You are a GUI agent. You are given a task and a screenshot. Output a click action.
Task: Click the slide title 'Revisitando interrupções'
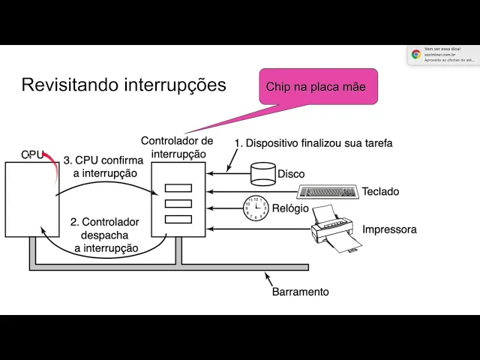[124, 85]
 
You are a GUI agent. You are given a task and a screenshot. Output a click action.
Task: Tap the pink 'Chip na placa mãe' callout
[316, 87]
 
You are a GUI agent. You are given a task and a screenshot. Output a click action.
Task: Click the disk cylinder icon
[263, 175]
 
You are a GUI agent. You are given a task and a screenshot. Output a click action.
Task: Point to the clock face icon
[256, 208]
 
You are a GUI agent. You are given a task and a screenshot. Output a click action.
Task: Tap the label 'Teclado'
[380, 191]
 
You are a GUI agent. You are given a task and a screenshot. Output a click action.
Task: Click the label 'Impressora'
[389, 229]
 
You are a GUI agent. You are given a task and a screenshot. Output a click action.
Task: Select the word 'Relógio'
[289, 208]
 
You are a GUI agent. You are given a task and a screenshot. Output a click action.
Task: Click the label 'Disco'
[291, 175]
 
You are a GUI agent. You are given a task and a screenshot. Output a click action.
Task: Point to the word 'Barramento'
[300, 292]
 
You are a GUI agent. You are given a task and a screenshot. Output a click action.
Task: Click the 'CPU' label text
[33, 154]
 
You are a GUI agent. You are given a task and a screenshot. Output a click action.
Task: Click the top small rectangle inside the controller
[178, 188]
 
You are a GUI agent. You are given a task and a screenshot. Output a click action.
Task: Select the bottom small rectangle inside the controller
[178, 219]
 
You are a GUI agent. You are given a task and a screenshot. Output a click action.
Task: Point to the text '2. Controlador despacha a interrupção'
[105, 235]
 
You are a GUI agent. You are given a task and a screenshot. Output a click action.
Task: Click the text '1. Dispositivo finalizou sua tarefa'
[313, 142]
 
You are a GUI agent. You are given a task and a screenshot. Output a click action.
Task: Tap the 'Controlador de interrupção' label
[178, 147]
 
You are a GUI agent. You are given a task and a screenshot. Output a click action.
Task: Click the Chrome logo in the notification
[416, 54]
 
